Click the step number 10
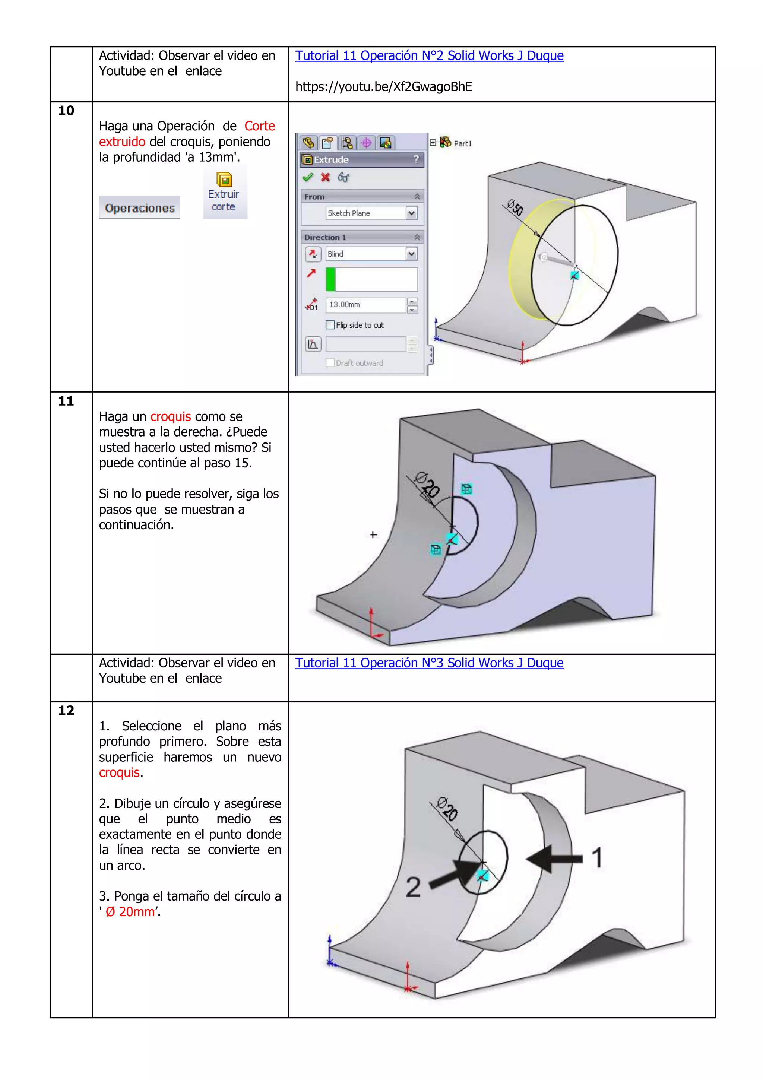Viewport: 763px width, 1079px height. pos(66,111)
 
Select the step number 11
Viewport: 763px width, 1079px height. pos(66,402)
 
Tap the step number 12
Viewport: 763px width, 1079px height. pos(66,711)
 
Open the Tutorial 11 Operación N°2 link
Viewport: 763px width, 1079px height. pos(429,56)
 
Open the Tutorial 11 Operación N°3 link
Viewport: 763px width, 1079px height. pos(429,663)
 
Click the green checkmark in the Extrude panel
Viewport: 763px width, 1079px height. pos(307,177)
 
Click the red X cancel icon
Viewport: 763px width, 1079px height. pos(325,177)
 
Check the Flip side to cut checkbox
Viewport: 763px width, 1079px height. pos(330,325)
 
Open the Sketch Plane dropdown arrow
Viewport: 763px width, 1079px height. pos(411,213)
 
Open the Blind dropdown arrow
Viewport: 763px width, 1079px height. pos(411,254)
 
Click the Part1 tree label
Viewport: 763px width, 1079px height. pos(463,144)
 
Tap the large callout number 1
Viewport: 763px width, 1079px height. pos(596,858)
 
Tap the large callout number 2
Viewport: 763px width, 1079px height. pos(413,887)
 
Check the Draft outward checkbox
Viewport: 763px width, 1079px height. pos(330,363)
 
